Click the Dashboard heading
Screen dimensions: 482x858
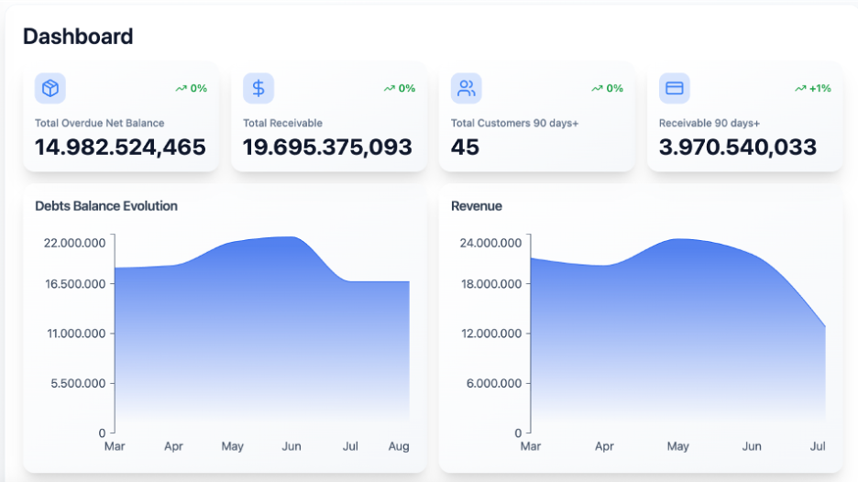tap(78, 37)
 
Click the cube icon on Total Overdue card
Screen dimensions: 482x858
tap(50, 88)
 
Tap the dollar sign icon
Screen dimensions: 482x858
tap(258, 88)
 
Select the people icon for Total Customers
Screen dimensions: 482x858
tap(467, 88)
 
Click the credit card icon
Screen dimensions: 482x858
tap(675, 88)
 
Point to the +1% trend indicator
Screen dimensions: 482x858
tap(813, 88)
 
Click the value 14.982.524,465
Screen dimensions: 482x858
tap(120, 147)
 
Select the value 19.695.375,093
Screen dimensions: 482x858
tap(327, 147)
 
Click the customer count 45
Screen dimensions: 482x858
tap(466, 147)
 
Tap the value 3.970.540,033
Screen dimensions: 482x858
tap(738, 147)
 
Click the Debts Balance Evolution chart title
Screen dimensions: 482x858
tap(106, 206)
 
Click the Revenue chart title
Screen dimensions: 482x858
tap(477, 206)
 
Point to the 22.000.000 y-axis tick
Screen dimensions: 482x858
tap(75, 243)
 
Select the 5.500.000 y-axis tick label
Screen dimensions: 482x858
tap(78, 383)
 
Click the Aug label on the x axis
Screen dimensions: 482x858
tap(399, 446)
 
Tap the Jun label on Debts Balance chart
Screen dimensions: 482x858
tap(291, 446)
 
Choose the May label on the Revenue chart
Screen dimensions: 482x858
tap(677, 446)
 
